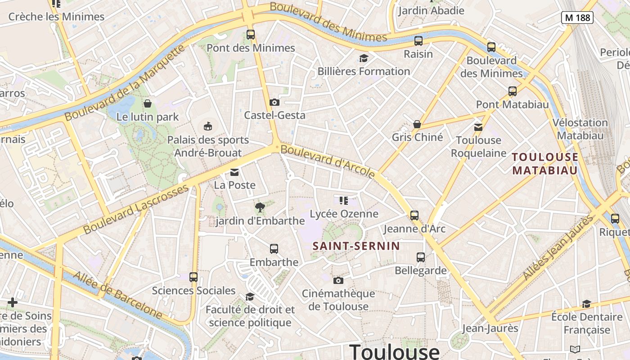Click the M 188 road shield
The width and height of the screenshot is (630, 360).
[577, 18]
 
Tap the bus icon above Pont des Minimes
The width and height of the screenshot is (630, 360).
[251, 34]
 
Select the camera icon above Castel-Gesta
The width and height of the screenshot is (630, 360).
[274, 102]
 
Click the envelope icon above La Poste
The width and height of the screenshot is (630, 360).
[234, 172]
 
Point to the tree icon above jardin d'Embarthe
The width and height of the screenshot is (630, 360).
[260, 207]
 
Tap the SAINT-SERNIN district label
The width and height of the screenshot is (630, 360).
[356, 246]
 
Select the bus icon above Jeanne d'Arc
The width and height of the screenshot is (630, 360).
[414, 215]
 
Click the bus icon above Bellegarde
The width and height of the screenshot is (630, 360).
[421, 257]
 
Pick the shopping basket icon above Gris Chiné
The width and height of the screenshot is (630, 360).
[417, 124]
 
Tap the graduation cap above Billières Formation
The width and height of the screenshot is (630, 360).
[364, 58]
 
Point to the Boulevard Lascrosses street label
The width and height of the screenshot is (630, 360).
[136, 209]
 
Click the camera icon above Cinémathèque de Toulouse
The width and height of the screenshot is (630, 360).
[338, 280]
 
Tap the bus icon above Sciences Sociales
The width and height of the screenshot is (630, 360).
[193, 277]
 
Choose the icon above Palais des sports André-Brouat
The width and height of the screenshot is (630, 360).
[208, 126]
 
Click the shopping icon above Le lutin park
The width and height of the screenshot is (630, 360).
[147, 103]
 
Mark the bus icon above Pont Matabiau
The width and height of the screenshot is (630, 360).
[512, 91]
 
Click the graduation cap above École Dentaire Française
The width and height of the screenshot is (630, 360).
[586, 304]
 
